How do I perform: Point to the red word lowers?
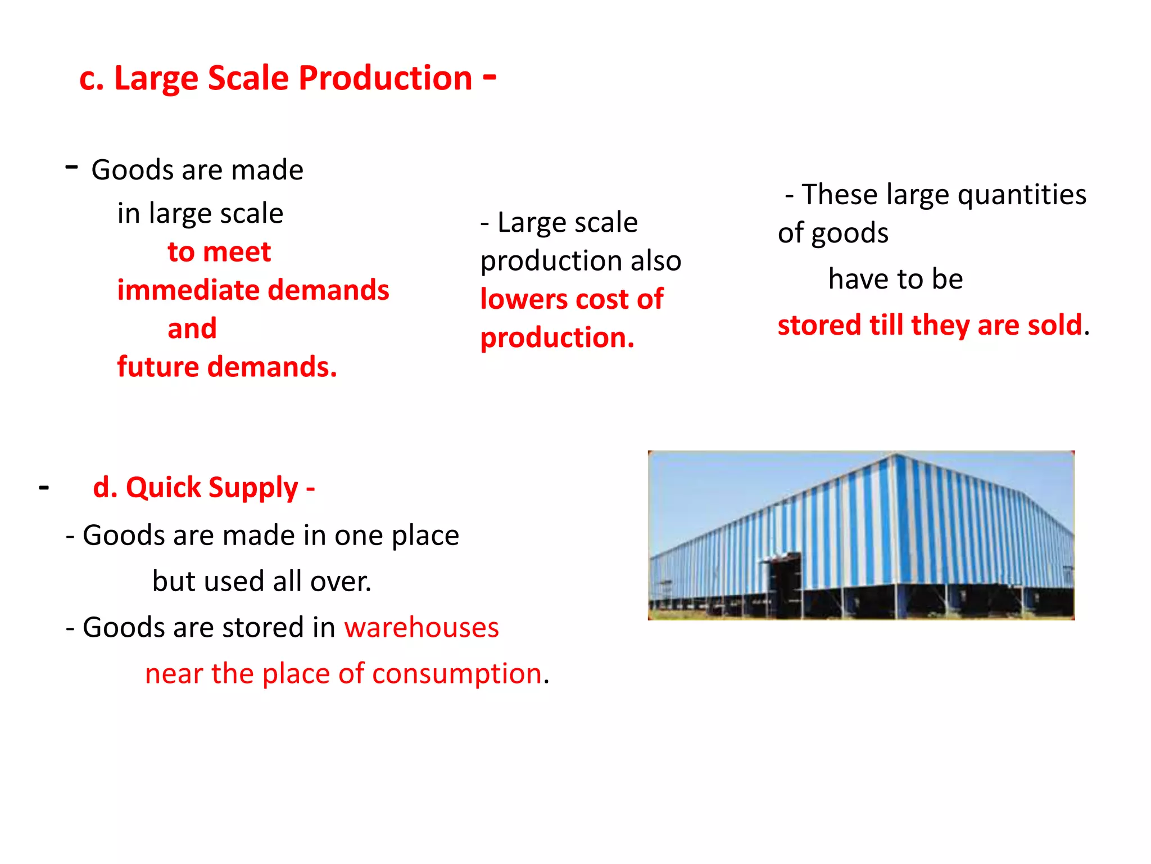[524, 299]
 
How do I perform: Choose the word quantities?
[1022, 195]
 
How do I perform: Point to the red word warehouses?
[422, 627]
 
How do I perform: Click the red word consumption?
[456, 674]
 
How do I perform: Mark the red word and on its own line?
[192, 328]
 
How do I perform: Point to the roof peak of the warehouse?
[895, 454]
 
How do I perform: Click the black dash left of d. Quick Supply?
[44, 487]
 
